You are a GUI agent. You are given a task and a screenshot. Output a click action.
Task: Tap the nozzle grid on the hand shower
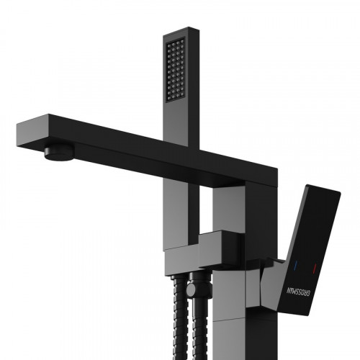click(x=176, y=70)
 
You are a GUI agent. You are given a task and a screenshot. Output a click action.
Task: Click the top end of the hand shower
click(x=181, y=32)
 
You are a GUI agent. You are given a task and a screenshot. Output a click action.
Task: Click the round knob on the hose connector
click(x=193, y=289)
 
